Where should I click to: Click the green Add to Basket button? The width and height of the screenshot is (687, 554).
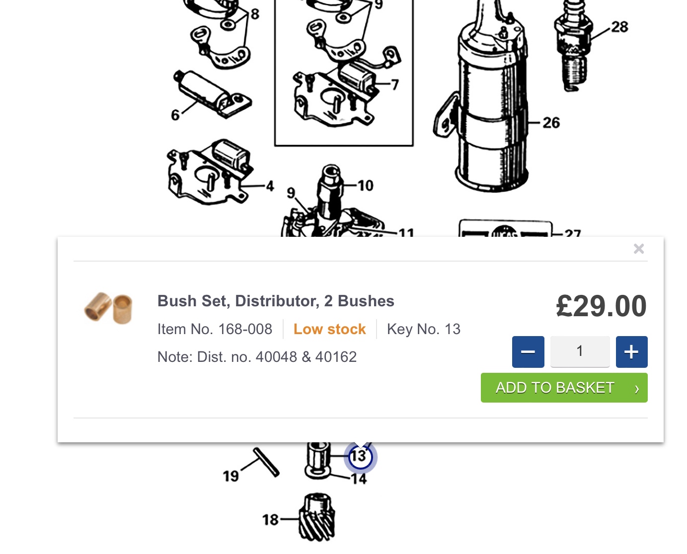click(564, 388)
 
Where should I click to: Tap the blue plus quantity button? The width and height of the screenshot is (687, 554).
click(631, 351)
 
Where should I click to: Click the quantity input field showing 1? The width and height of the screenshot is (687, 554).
click(580, 351)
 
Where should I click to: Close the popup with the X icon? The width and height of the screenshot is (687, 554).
click(638, 249)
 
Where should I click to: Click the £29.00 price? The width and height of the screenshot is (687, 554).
click(601, 306)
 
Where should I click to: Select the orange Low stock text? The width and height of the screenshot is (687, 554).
click(329, 329)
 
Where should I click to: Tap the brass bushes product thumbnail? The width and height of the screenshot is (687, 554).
click(108, 308)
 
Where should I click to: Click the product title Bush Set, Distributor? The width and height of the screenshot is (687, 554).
click(276, 301)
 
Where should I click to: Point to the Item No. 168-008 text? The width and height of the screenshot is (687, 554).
click(215, 329)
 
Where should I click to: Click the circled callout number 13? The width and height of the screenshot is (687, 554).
click(361, 457)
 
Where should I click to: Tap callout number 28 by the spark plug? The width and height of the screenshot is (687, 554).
click(619, 27)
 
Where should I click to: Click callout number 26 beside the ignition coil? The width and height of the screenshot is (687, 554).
click(551, 123)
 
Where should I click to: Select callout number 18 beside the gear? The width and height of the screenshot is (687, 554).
click(270, 520)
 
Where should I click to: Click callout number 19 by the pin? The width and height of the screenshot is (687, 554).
click(231, 476)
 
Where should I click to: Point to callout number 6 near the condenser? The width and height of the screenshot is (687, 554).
click(175, 115)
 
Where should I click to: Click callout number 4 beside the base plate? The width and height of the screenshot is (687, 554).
click(270, 186)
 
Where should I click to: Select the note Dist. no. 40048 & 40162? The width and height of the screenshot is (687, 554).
click(257, 357)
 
